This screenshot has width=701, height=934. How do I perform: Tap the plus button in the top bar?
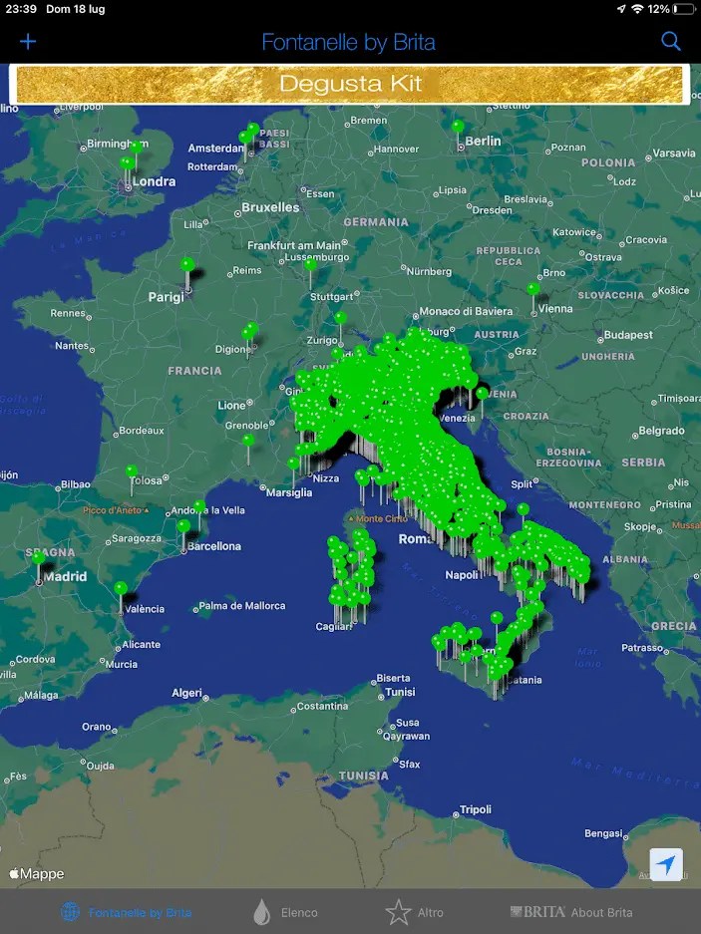tap(28, 41)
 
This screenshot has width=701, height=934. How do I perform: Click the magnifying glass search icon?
tap(671, 41)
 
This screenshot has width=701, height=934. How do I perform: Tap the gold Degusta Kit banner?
tap(349, 84)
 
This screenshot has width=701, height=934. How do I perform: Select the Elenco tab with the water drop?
tap(286, 912)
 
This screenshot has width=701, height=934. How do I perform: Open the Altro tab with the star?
tap(415, 912)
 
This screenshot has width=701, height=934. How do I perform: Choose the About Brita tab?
tap(571, 912)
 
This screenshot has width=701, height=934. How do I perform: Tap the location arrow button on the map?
tap(666, 864)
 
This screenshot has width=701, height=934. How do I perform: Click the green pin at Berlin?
tap(458, 128)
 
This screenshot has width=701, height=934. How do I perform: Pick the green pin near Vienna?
tap(533, 290)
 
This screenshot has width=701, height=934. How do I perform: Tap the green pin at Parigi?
tap(187, 265)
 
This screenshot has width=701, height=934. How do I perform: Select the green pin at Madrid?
tap(39, 559)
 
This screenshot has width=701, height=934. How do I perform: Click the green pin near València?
tap(121, 588)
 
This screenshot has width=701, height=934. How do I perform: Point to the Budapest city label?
tap(627, 335)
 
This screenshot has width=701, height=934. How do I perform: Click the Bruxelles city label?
tap(270, 207)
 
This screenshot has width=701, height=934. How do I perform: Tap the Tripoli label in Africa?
tap(475, 810)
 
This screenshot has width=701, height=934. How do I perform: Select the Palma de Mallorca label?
tap(242, 605)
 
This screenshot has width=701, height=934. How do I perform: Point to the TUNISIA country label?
tap(363, 776)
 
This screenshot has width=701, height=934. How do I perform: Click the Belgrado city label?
tap(661, 431)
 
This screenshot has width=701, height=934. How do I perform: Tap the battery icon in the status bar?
tap(683, 9)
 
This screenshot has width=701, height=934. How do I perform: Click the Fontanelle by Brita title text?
tap(348, 42)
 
